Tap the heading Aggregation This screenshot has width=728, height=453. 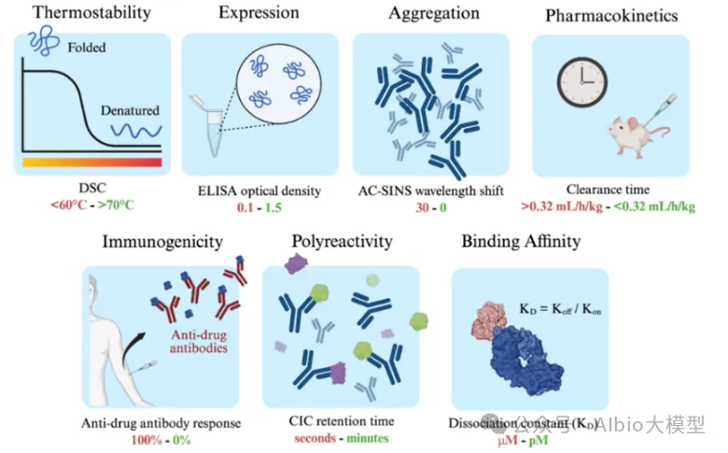click(x=429, y=15)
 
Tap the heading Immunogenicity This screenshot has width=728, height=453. click(x=163, y=242)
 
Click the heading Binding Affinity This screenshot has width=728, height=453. click(x=521, y=242)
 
